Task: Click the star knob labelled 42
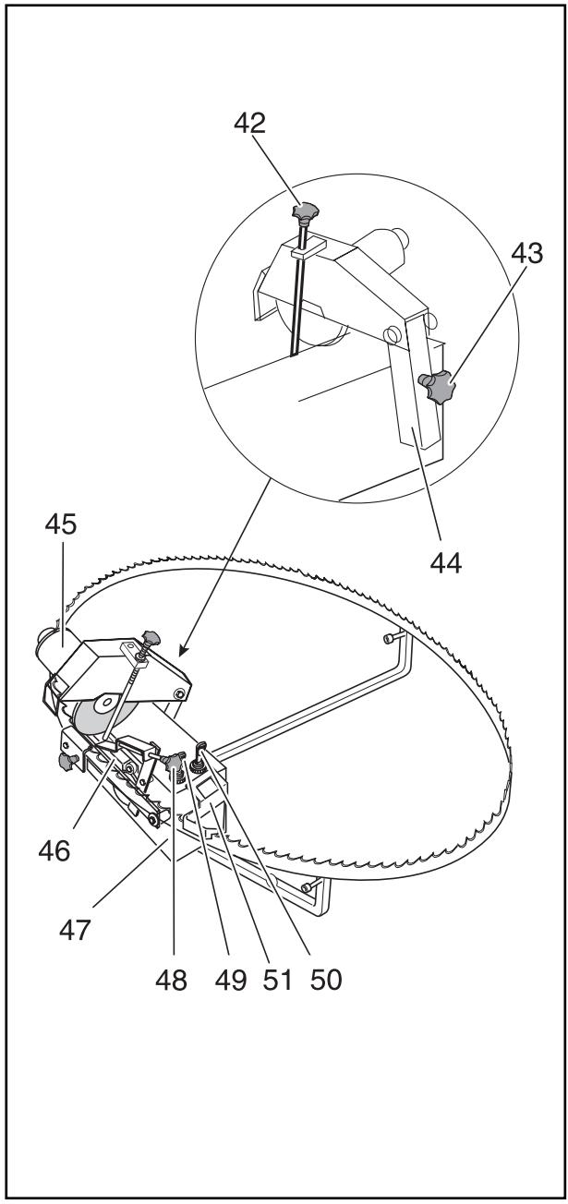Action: [305, 215]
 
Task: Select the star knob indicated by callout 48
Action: [173, 760]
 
